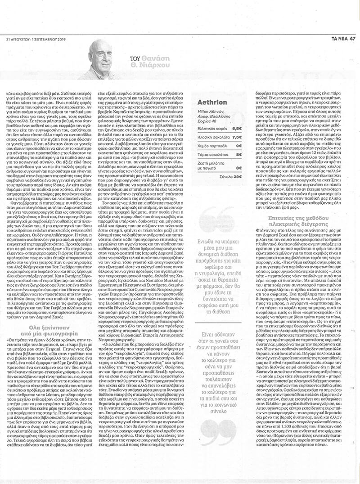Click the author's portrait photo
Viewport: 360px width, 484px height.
coord(102,59)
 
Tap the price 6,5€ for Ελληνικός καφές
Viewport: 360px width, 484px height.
coord(237,128)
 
